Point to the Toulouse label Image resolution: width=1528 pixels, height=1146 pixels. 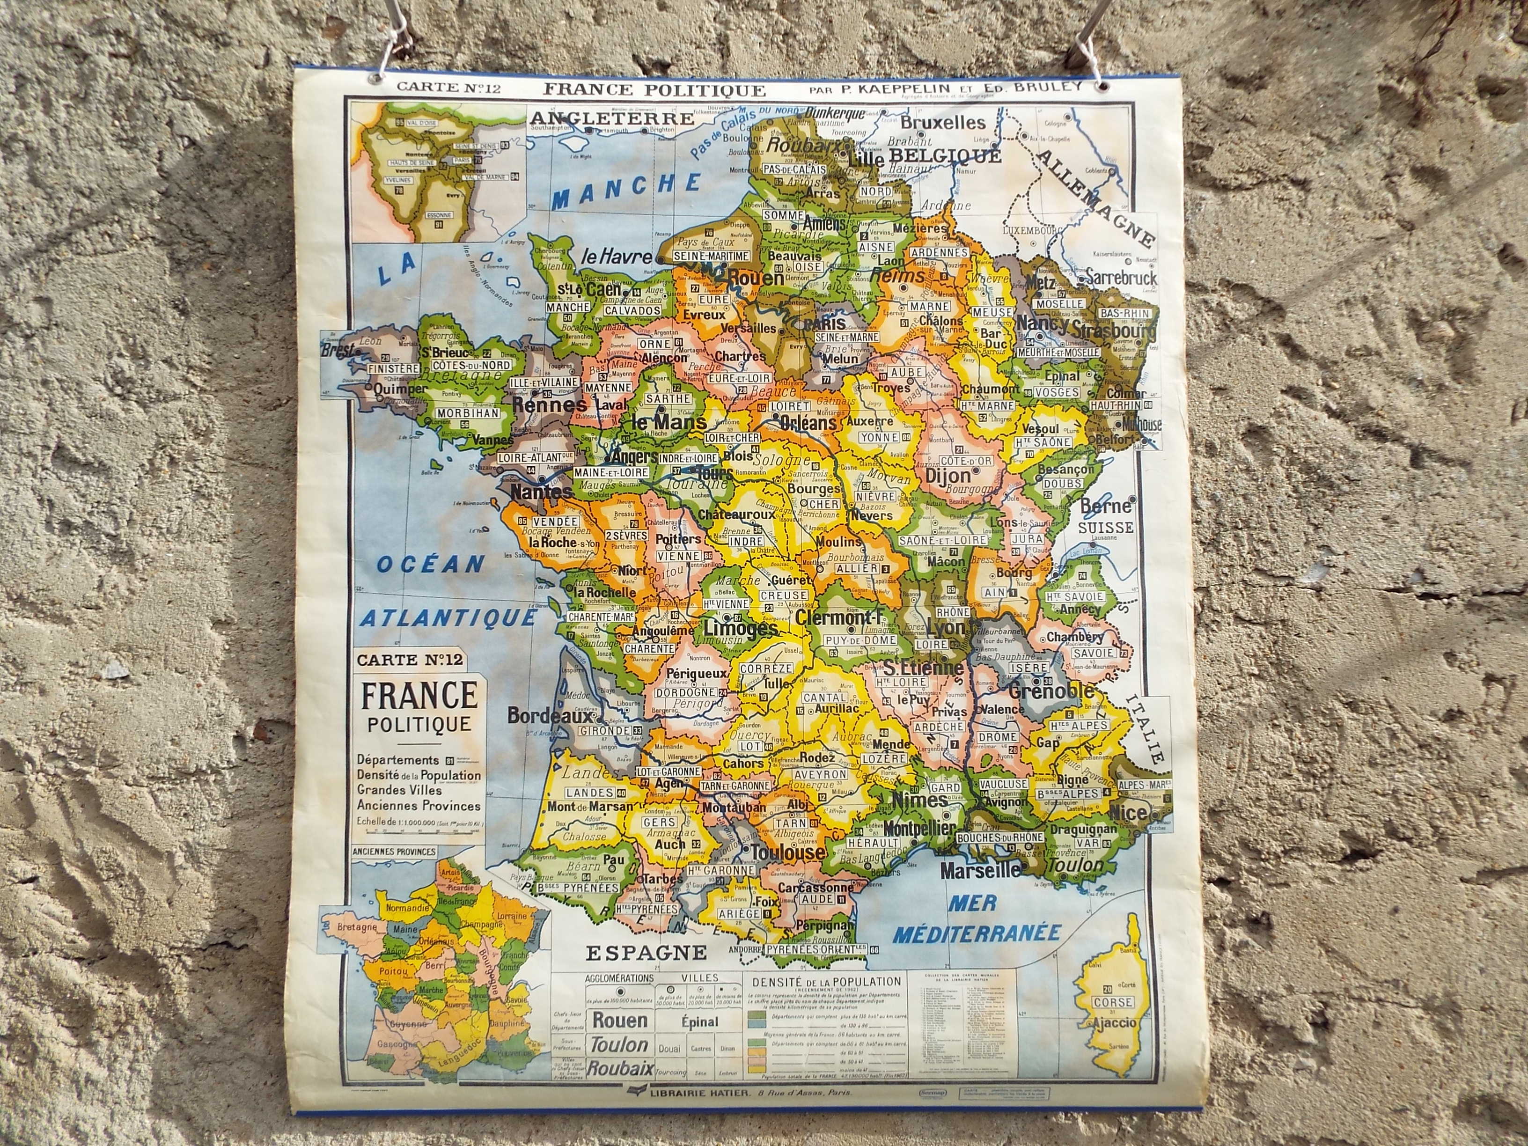tap(787, 852)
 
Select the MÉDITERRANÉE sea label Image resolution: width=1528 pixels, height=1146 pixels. tap(976, 933)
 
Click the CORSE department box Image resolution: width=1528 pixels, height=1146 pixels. tap(1113, 1002)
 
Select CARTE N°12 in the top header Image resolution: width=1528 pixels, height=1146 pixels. tap(447, 88)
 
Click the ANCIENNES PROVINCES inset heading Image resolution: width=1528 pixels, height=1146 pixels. tap(394, 851)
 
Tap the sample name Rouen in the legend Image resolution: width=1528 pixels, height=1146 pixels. tap(620, 1020)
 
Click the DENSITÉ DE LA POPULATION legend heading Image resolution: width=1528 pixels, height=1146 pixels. tap(825, 981)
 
